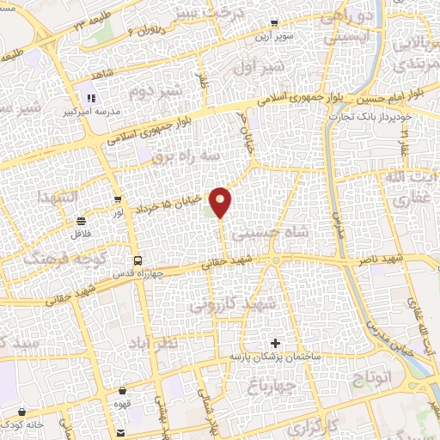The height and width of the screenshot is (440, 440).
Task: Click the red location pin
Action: tap(221, 202)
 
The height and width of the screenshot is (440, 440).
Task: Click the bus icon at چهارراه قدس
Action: tap(137, 260)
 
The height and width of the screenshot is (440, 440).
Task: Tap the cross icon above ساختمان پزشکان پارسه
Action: tap(274, 343)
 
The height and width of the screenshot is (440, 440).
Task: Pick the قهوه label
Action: tap(121, 402)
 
